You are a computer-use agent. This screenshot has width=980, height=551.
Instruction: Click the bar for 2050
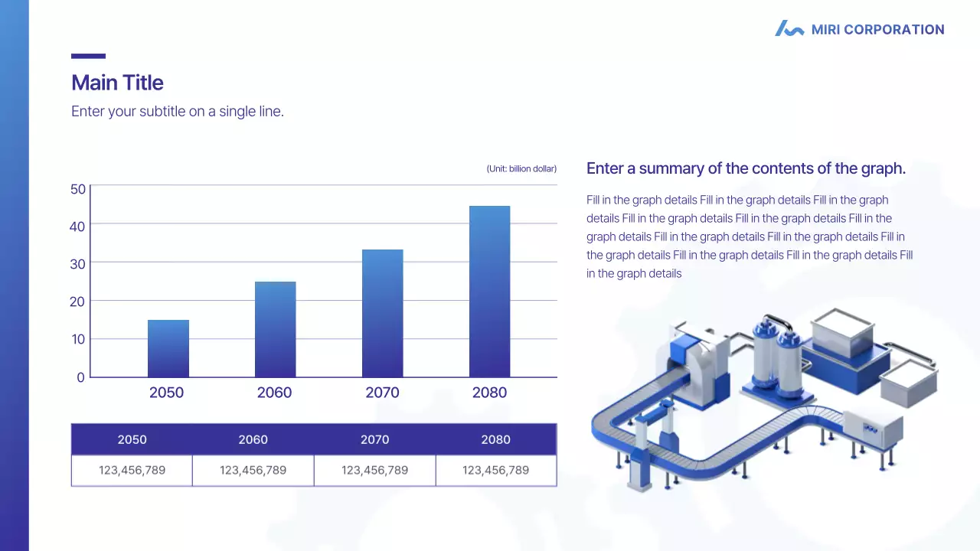coord(168,348)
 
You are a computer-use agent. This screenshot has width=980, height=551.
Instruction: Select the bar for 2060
coord(275,329)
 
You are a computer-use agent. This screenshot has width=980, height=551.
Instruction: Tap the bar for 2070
coord(382,314)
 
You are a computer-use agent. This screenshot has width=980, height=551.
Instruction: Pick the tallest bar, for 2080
coord(489,292)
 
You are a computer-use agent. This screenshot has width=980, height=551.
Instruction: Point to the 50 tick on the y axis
coord(78,189)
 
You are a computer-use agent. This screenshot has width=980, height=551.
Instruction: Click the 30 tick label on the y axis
coord(78,264)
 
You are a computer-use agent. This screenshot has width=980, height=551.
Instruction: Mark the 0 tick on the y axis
coord(80,377)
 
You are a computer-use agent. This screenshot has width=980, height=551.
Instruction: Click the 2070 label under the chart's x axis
coord(382,393)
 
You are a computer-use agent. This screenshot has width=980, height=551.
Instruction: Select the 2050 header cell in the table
coord(132,439)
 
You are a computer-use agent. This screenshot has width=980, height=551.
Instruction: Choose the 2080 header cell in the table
coord(496,439)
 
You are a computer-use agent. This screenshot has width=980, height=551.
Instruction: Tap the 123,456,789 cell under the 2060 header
coord(253,471)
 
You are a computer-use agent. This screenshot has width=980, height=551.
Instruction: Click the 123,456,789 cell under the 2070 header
coord(375,471)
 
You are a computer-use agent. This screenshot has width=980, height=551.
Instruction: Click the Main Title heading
coord(117,83)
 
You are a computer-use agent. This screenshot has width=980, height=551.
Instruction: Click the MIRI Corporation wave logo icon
coord(789,28)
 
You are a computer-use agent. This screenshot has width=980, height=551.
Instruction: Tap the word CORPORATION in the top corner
coord(893,29)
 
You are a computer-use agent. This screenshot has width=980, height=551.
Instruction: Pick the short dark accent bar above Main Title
coord(88,56)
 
